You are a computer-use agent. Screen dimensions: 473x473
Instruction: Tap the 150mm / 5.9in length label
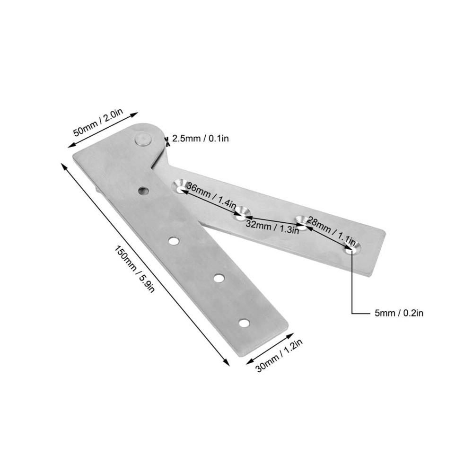point(134,270)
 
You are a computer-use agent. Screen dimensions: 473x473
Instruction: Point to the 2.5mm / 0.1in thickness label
point(200,139)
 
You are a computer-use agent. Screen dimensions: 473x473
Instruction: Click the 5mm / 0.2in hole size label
point(399,313)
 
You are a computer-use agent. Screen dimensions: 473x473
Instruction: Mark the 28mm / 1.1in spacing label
point(332,228)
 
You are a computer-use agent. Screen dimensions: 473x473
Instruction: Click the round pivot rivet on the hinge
point(143,140)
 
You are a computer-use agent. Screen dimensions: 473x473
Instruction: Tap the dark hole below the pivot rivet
point(143,191)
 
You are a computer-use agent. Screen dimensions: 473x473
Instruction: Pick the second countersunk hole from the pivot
point(242,213)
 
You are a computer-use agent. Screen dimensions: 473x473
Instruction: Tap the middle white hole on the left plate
point(219,278)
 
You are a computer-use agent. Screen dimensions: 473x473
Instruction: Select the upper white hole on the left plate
point(174,241)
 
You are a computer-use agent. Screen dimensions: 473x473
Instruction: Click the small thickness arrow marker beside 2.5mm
point(166,141)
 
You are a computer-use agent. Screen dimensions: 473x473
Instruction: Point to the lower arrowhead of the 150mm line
point(226,361)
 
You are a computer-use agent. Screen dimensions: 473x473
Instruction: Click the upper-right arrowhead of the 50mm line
point(134,114)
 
